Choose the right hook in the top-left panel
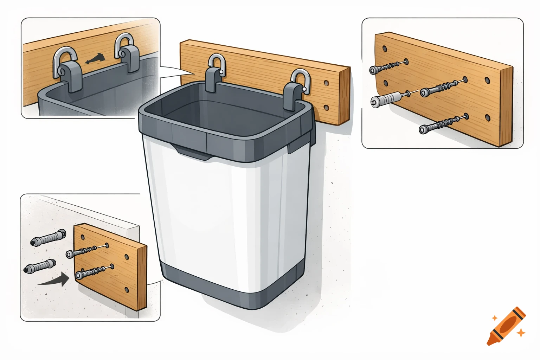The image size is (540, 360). point(126,53)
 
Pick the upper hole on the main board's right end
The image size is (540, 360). point(327,84)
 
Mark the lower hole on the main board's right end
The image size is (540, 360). point(327,108)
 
